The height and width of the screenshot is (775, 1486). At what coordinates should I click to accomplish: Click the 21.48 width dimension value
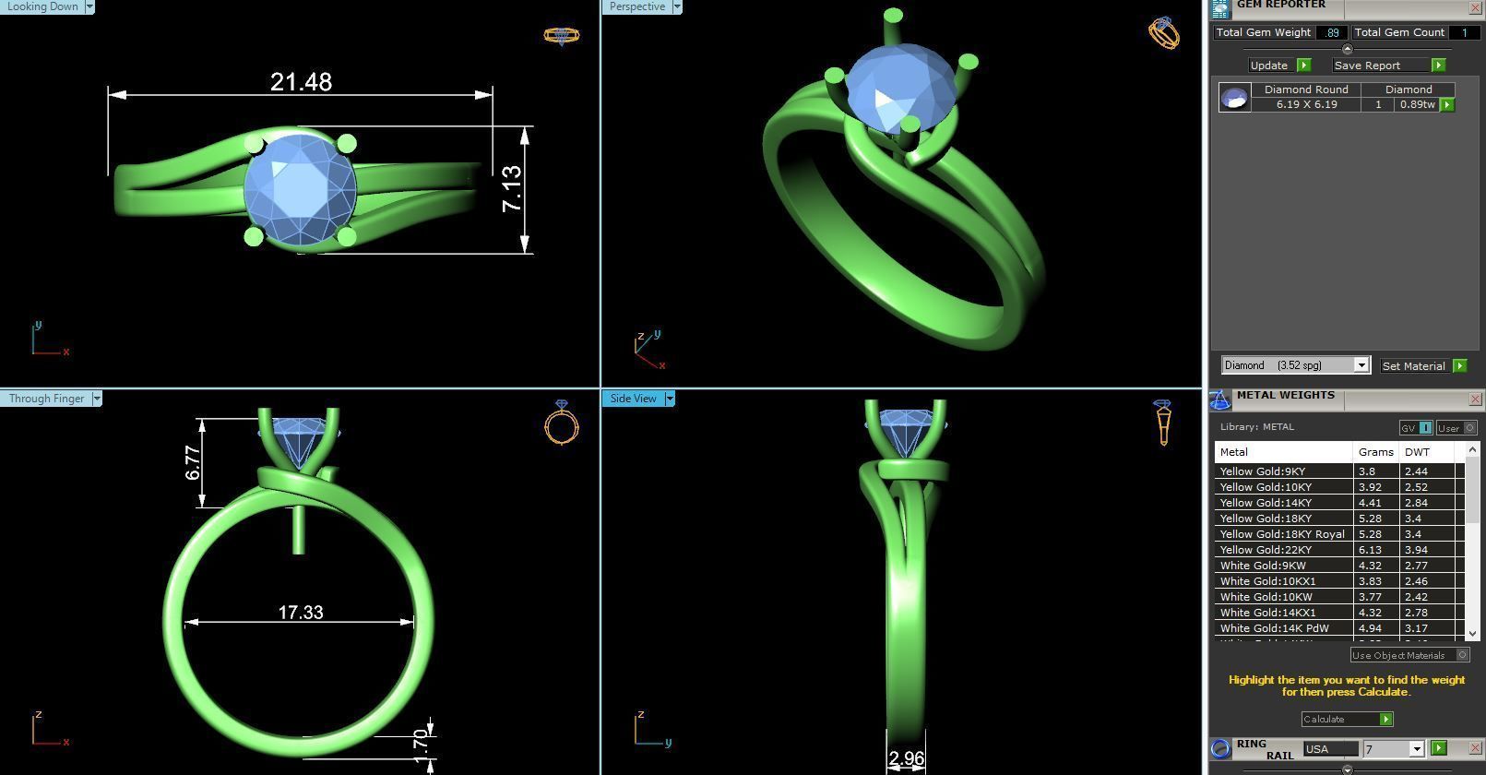(301, 82)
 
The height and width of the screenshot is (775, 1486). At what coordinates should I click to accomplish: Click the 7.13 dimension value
(512, 188)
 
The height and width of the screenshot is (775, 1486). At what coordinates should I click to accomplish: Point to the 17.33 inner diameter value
(300, 613)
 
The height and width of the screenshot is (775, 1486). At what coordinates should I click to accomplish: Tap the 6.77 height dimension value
(193, 462)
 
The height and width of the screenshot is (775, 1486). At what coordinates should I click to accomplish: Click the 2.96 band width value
(906, 758)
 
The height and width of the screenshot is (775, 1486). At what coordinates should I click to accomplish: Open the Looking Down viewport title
(42, 6)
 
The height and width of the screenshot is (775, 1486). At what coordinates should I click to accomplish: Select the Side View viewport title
(634, 399)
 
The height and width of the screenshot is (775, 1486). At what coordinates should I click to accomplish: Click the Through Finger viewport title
(46, 399)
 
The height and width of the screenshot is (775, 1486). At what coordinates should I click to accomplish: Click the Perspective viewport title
(636, 6)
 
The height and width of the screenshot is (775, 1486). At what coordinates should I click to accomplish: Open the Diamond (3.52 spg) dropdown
(1295, 365)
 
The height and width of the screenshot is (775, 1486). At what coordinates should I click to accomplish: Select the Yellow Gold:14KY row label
(1265, 503)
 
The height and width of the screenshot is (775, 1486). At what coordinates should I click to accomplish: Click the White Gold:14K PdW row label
(1274, 628)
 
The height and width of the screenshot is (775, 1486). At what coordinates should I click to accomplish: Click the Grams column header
(1375, 452)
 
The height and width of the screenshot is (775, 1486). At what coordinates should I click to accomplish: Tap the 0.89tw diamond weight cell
(1417, 104)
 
